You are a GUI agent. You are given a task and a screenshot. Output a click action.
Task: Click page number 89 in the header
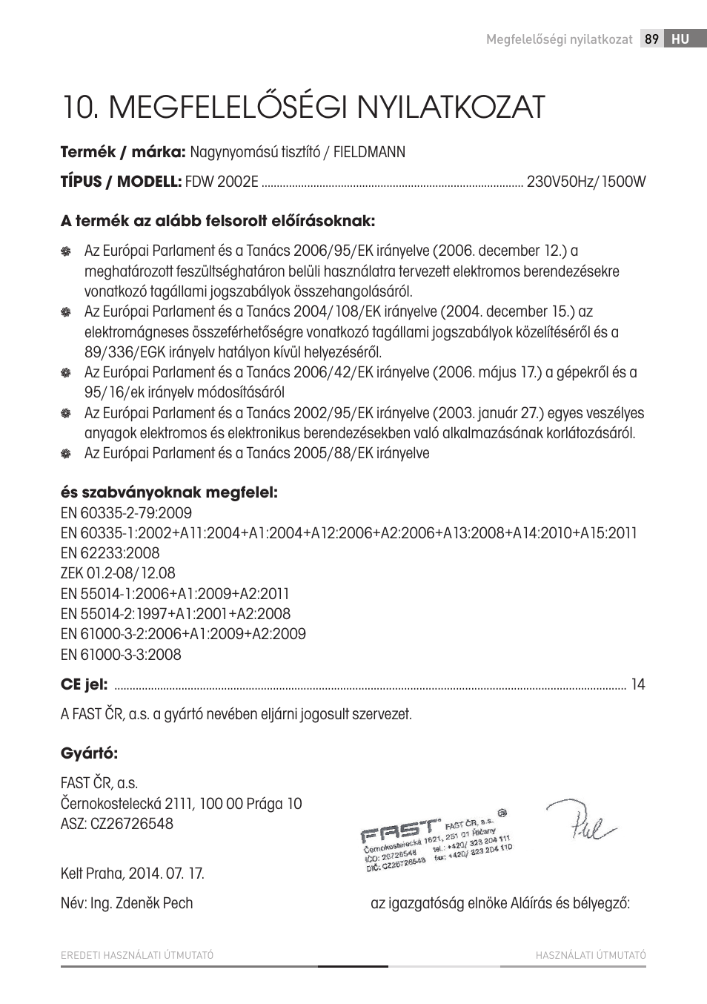(x=651, y=39)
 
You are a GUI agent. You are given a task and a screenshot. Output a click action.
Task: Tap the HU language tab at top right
(x=680, y=39)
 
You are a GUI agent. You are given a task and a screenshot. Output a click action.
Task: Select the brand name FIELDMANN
(x=369, y=153)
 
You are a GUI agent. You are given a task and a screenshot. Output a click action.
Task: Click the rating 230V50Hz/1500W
(x=585, y=182)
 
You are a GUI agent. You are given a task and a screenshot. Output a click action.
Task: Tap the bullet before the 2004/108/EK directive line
(x=66, y=312)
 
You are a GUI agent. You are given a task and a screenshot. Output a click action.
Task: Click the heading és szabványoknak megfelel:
(x=169, y=492)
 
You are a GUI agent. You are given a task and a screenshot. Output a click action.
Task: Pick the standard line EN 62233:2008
(x=110, y=553)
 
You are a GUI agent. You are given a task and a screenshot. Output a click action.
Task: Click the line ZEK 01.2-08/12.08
(x=118, y=573)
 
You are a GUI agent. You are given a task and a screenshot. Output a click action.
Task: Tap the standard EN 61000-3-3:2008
(x=120, y=655)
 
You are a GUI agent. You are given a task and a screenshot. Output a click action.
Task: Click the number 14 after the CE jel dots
(x=637, y=684)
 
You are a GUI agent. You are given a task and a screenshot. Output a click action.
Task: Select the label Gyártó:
(x=89, y=754)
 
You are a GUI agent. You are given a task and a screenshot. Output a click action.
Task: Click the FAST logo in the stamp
(x=400, y=834)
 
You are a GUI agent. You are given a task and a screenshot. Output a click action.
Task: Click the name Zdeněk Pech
(x=155, y=904)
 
